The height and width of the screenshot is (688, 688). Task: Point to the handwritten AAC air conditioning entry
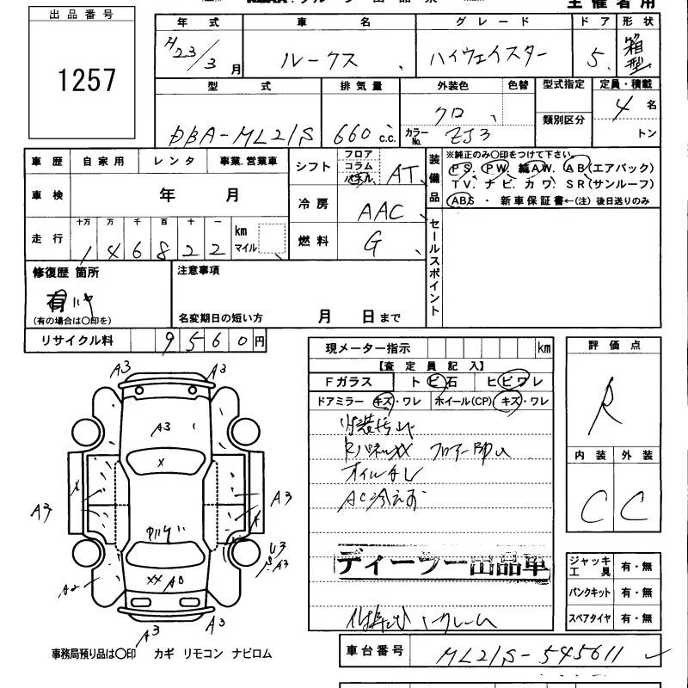(x=381, y=211)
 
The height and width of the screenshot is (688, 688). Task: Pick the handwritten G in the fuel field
(x=372, y=244)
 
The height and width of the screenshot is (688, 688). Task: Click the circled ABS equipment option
(x=461, y=200)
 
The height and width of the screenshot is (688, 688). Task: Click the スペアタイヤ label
(x=588, y=618)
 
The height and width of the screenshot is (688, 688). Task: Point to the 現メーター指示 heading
(x=367, y=348)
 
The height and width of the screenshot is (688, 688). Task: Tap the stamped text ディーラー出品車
(x=441, y=564)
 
